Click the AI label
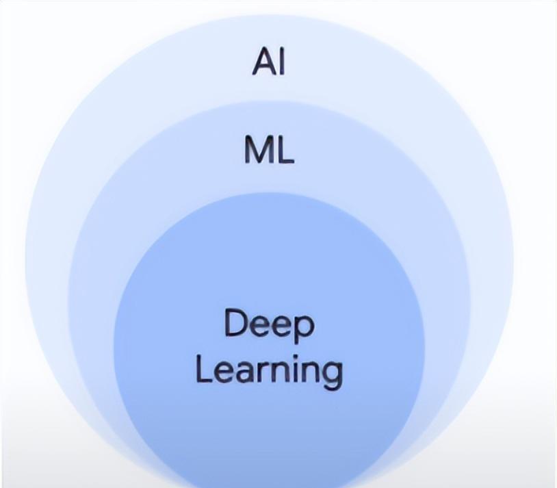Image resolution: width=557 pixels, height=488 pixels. pos(268,62)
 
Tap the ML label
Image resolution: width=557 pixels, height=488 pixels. pos(270,150)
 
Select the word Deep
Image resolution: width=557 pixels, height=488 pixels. pos(270,325)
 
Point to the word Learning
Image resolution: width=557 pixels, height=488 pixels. pos(270,372)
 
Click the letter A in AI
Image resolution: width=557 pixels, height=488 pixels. pos(264,62)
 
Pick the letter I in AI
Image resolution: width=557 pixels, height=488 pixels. pos(283,62)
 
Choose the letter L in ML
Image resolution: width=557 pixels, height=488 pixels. pos(285,150)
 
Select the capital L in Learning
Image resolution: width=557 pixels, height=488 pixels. pos(204,370)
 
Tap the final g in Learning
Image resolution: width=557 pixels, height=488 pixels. pos(332,376)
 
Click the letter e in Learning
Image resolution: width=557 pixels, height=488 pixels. pos(227,373)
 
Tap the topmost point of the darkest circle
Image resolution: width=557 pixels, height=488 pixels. pos(270,193)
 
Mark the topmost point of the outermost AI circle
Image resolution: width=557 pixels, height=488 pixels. pos(270,15)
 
